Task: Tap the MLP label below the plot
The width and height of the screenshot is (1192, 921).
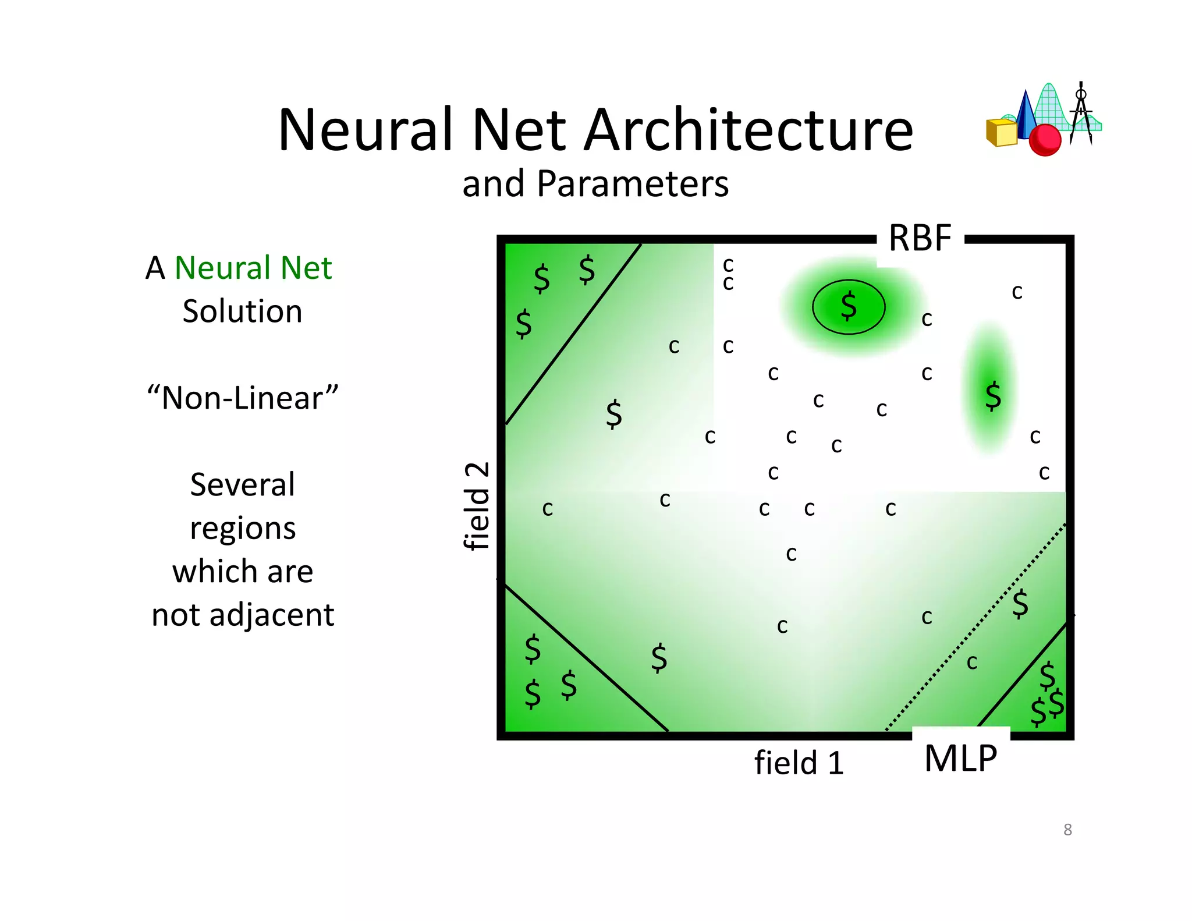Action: click(960, 758)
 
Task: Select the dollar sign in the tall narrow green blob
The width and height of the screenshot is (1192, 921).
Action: click(993, 396)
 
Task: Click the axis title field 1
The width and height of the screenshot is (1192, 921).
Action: click(799, 763)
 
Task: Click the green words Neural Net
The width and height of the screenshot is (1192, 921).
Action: click(253, 268)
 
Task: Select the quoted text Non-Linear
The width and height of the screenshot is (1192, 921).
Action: click(242, 398)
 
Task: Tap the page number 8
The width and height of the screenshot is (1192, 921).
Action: click(1067, 830)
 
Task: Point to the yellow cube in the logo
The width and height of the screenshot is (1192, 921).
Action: click(1001, 133)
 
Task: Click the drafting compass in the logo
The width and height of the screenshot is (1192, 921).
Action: click(1081, 114)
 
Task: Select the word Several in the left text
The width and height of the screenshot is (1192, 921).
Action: click(242, 484)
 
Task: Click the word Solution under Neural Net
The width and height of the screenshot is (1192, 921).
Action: click(242, 311)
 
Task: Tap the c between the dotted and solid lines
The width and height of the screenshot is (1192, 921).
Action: click(972, 662)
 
